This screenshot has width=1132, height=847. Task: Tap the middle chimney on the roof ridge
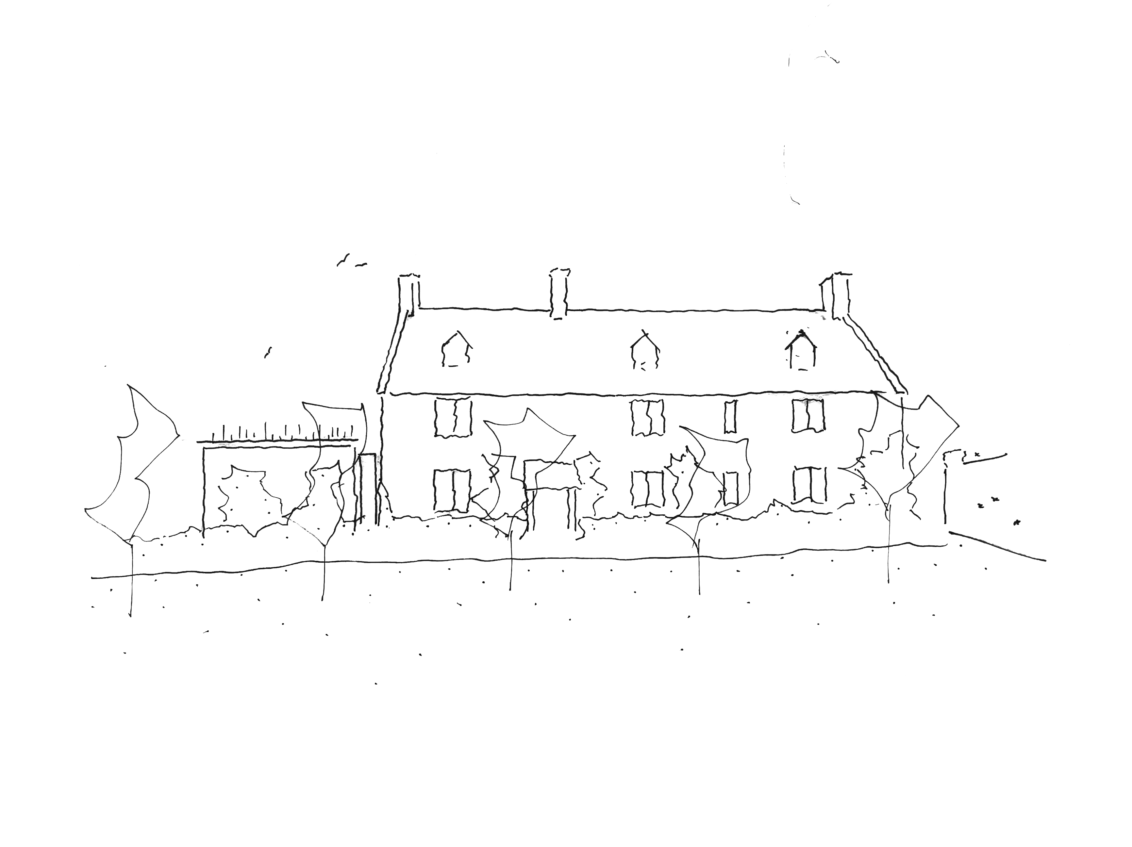point(559,293)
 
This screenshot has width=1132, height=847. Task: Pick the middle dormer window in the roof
point(644,353)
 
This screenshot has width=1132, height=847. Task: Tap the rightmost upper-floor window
point(808,415)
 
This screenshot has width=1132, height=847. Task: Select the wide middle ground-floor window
point(648,489)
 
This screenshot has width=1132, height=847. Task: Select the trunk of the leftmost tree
point(131,578)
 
